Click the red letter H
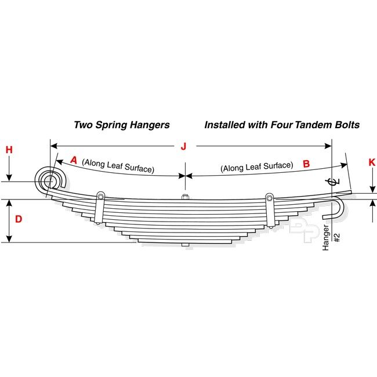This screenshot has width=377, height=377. (9, 150)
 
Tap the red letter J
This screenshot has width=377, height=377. (183, 146)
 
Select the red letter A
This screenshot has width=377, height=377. (73, 159)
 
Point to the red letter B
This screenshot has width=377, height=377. (306, 164)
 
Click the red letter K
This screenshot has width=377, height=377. (372, 162)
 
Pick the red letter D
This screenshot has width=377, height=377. (19, 219)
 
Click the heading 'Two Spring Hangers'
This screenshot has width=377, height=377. (121, 125)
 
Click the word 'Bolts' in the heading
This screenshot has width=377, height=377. (348, 125)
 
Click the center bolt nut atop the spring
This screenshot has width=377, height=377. (185, 197)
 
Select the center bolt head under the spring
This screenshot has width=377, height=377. (185, 245)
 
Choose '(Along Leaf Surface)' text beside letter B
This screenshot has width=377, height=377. (257, 167)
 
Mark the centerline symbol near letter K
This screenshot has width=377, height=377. (332, 182)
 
